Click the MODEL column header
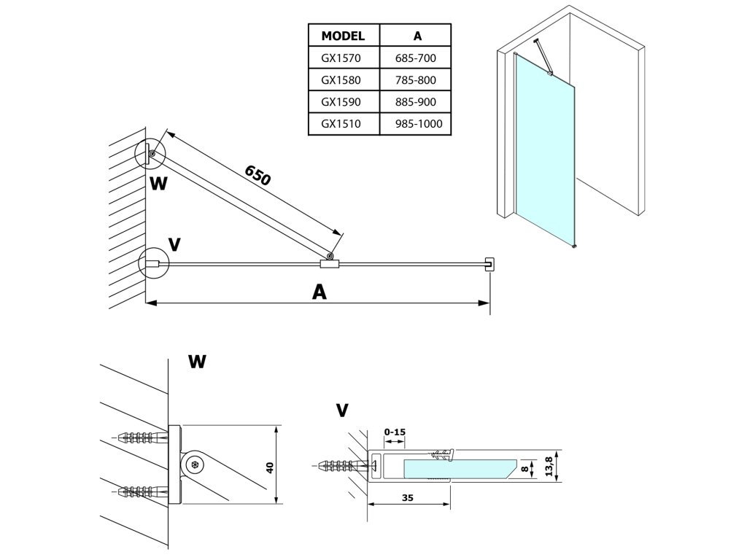click(343, 36)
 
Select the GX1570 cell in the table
click(341, 58)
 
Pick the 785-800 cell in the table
click(415, 80)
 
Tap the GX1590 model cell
click(341, 102)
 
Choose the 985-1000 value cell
click(419, 124)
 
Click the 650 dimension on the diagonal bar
click(258, 175)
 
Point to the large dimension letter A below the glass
click(320, 292)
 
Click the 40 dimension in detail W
click(270, 467)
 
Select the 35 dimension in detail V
click(408, 498)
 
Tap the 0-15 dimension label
click(395, 432)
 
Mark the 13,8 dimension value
click(549, 467)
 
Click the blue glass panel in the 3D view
click(546, 147)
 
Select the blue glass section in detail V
click(460, 469)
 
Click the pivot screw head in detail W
click(194, 464)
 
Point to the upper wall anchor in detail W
click(143, 437)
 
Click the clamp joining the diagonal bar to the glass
click(329, 263)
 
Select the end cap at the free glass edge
click(489, 264)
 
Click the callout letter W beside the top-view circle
click(158, 183)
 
